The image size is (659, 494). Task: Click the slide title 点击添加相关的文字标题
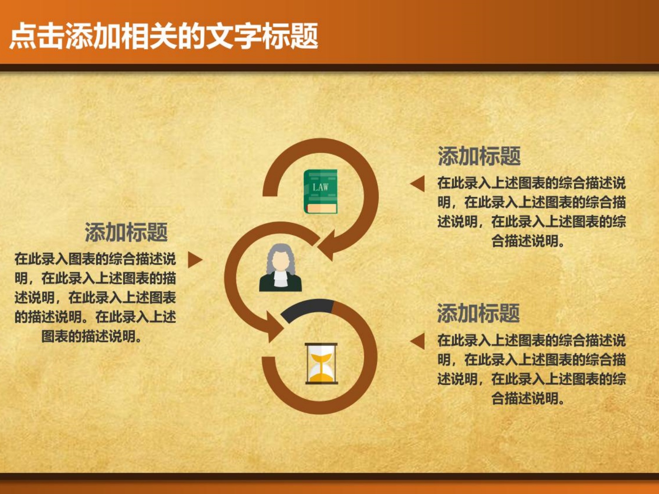click(x=163, y=36)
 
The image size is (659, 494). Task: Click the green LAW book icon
click(x=320, y=191)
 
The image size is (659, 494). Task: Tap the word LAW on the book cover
click(x=320, y=188)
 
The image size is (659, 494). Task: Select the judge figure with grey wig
click(x=280, y=267)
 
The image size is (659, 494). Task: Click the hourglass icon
click(x=322, y=364)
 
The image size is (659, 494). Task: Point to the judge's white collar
click(x=280, y=278)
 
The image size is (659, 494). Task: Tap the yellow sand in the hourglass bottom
click(x=321, y=377)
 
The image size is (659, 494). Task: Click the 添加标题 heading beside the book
click(x=479, y=156)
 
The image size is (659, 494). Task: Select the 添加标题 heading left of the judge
click(x=127, y=232)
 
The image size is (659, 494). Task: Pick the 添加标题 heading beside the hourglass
click(x=478, y=313)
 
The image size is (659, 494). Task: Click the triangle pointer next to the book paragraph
click(x=418, y=184)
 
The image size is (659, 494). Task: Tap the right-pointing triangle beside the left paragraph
click(x=195, y=260)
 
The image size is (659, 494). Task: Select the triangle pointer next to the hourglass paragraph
click(x=418, y=341)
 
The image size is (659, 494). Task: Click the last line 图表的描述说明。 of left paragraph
click(x=91, y=336)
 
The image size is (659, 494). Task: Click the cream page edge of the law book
click(x=322, y=208)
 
